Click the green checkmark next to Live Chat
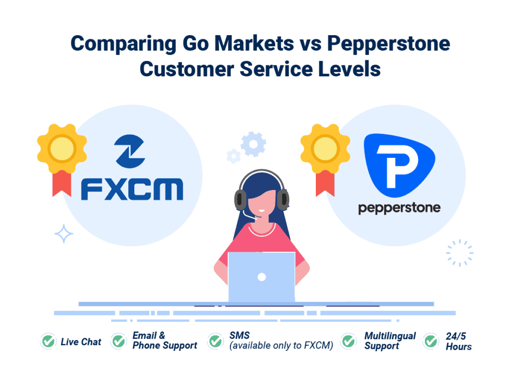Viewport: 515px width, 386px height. pyautogui.click(x=48, y=342)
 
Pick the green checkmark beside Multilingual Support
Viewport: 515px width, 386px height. pyautogui.click(x=349, y=341)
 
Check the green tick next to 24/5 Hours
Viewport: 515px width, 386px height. pyautogui.click(x=431, y=341)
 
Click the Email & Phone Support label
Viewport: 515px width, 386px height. pyautogui.click(x=164, y=341)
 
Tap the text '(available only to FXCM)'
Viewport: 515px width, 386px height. pyautogui.click(x=281, y=346)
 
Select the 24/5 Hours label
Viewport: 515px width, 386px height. pyautogui.click(x=458, y=341)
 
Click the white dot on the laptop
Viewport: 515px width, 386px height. pyautogui.click(x=262, y=277)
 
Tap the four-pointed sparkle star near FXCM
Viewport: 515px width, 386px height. pyautogui.click(x=64, y=234)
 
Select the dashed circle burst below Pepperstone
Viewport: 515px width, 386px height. pyautogui.click(x=459, y=253)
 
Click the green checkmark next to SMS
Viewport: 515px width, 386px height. pyautogui.click(x=215, y=341)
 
